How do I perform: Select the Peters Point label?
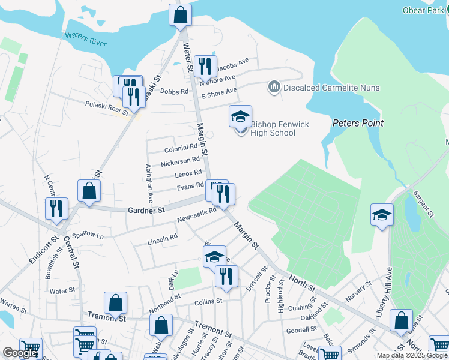coord(358,123)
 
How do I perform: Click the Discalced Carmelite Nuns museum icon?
coord(274,88)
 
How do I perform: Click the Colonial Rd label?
coord(181,148)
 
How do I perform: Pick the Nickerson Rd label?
coord(180,161)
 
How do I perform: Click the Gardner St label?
coord(146,211)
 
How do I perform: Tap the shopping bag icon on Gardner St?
coord(89,191)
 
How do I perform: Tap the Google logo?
coord(20,353)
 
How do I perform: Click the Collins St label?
coord(208,301)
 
